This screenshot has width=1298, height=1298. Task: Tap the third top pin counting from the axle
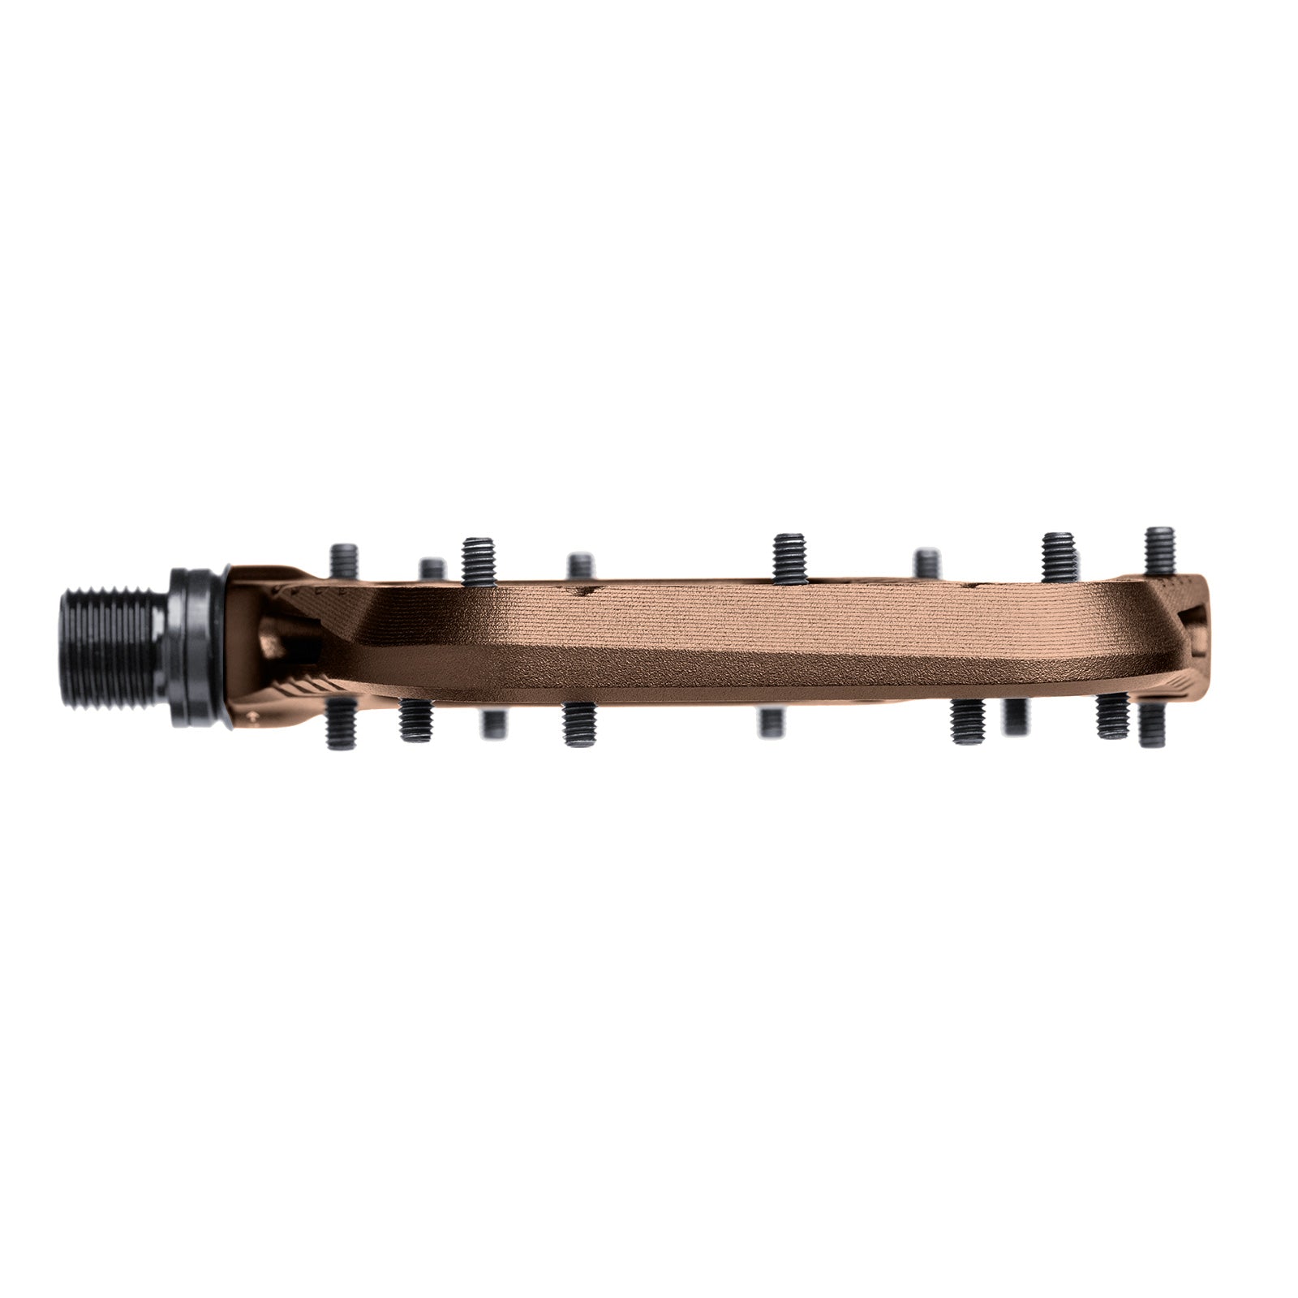pyautogui.click(x=479, y=560)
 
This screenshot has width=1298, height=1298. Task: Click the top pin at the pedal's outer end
pyautogui.click(x=1161, y=551)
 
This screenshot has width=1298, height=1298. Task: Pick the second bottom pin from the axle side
pyautogui.click(x=416, y=720)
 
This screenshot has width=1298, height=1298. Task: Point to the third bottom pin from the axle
pyautogui.click(x=491, y=723)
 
